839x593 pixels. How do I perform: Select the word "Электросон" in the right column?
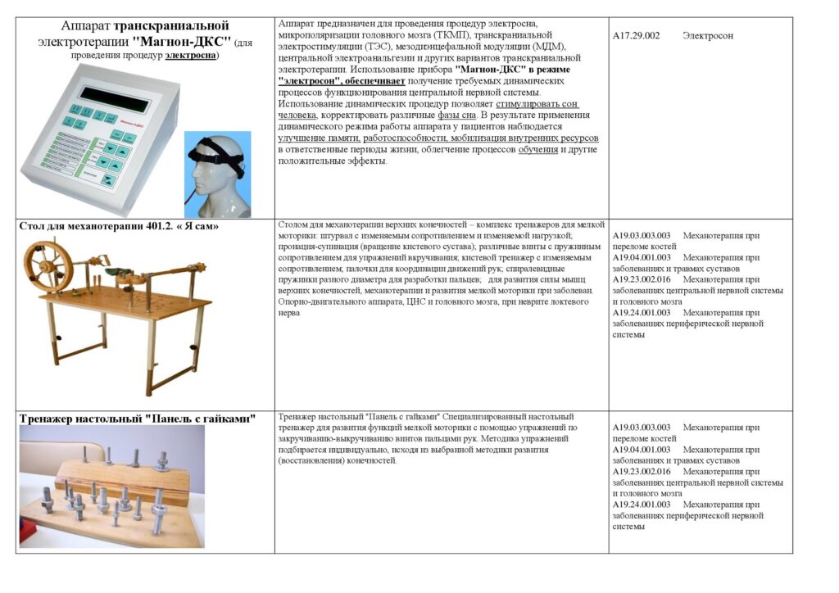click(x=708, y=36)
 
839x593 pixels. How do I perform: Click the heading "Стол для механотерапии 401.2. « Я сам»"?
click(x=119, y=225)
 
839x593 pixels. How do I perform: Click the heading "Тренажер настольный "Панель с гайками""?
click(x=138, y=419)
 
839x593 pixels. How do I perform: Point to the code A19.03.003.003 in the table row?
click(x=642, y=236)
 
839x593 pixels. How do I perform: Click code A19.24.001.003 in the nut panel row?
click(x=642, y=505)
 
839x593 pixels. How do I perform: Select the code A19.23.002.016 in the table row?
click(x=642, y=279)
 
